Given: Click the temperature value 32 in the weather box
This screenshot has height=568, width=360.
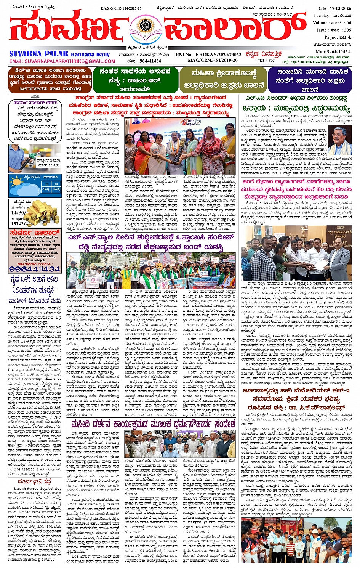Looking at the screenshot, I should tap(46, 184).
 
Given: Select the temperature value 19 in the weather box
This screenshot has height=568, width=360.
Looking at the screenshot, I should tap(56, 184).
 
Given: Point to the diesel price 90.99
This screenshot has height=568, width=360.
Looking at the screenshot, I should tap(55, 165).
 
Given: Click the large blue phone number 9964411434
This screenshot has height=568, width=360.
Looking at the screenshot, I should tap(35, 269).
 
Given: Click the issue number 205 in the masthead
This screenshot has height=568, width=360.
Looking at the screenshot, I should tap(347, 30).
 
